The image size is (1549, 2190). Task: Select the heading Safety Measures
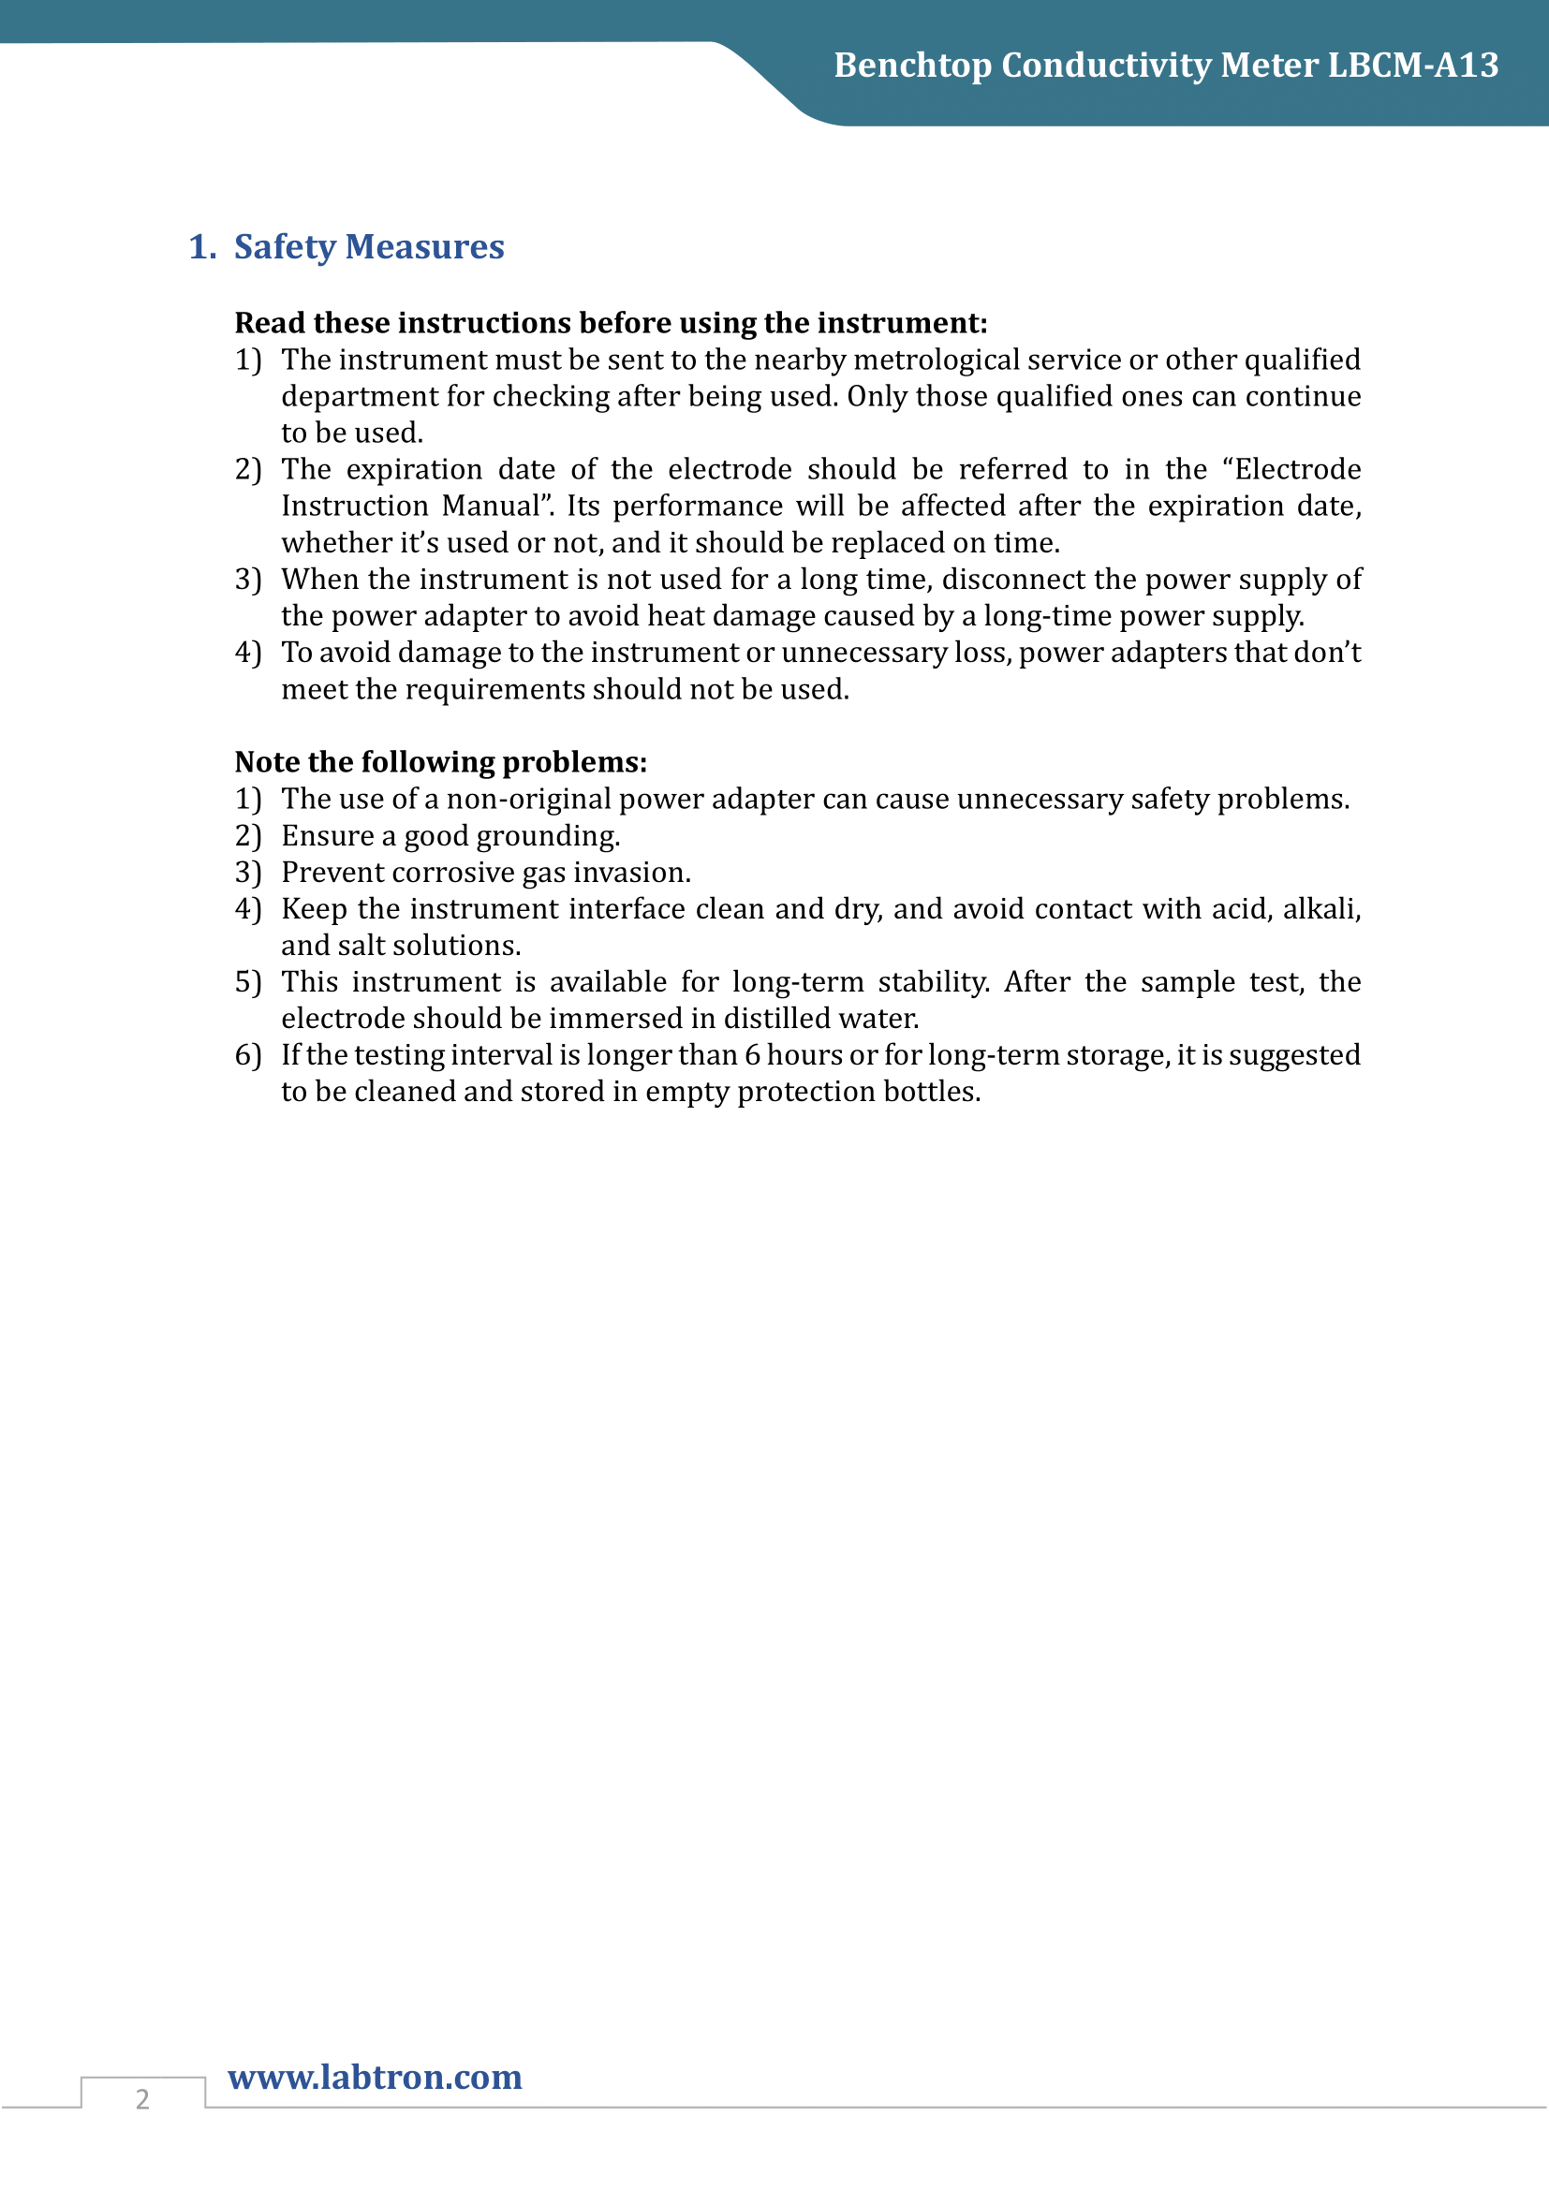click(368, 247)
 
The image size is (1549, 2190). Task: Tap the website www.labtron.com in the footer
click(375, 2077)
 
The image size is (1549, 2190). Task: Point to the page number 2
click(142, 2098)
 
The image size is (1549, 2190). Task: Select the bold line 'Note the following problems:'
click(441, 762)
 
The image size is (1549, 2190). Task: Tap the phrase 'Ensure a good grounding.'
click(450, 835)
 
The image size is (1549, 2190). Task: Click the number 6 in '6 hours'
click(752, 1055)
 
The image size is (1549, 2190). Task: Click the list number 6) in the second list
click(248, 1055)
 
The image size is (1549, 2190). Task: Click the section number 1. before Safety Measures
click(202, 247)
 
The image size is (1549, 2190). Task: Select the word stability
click(933, 982)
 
